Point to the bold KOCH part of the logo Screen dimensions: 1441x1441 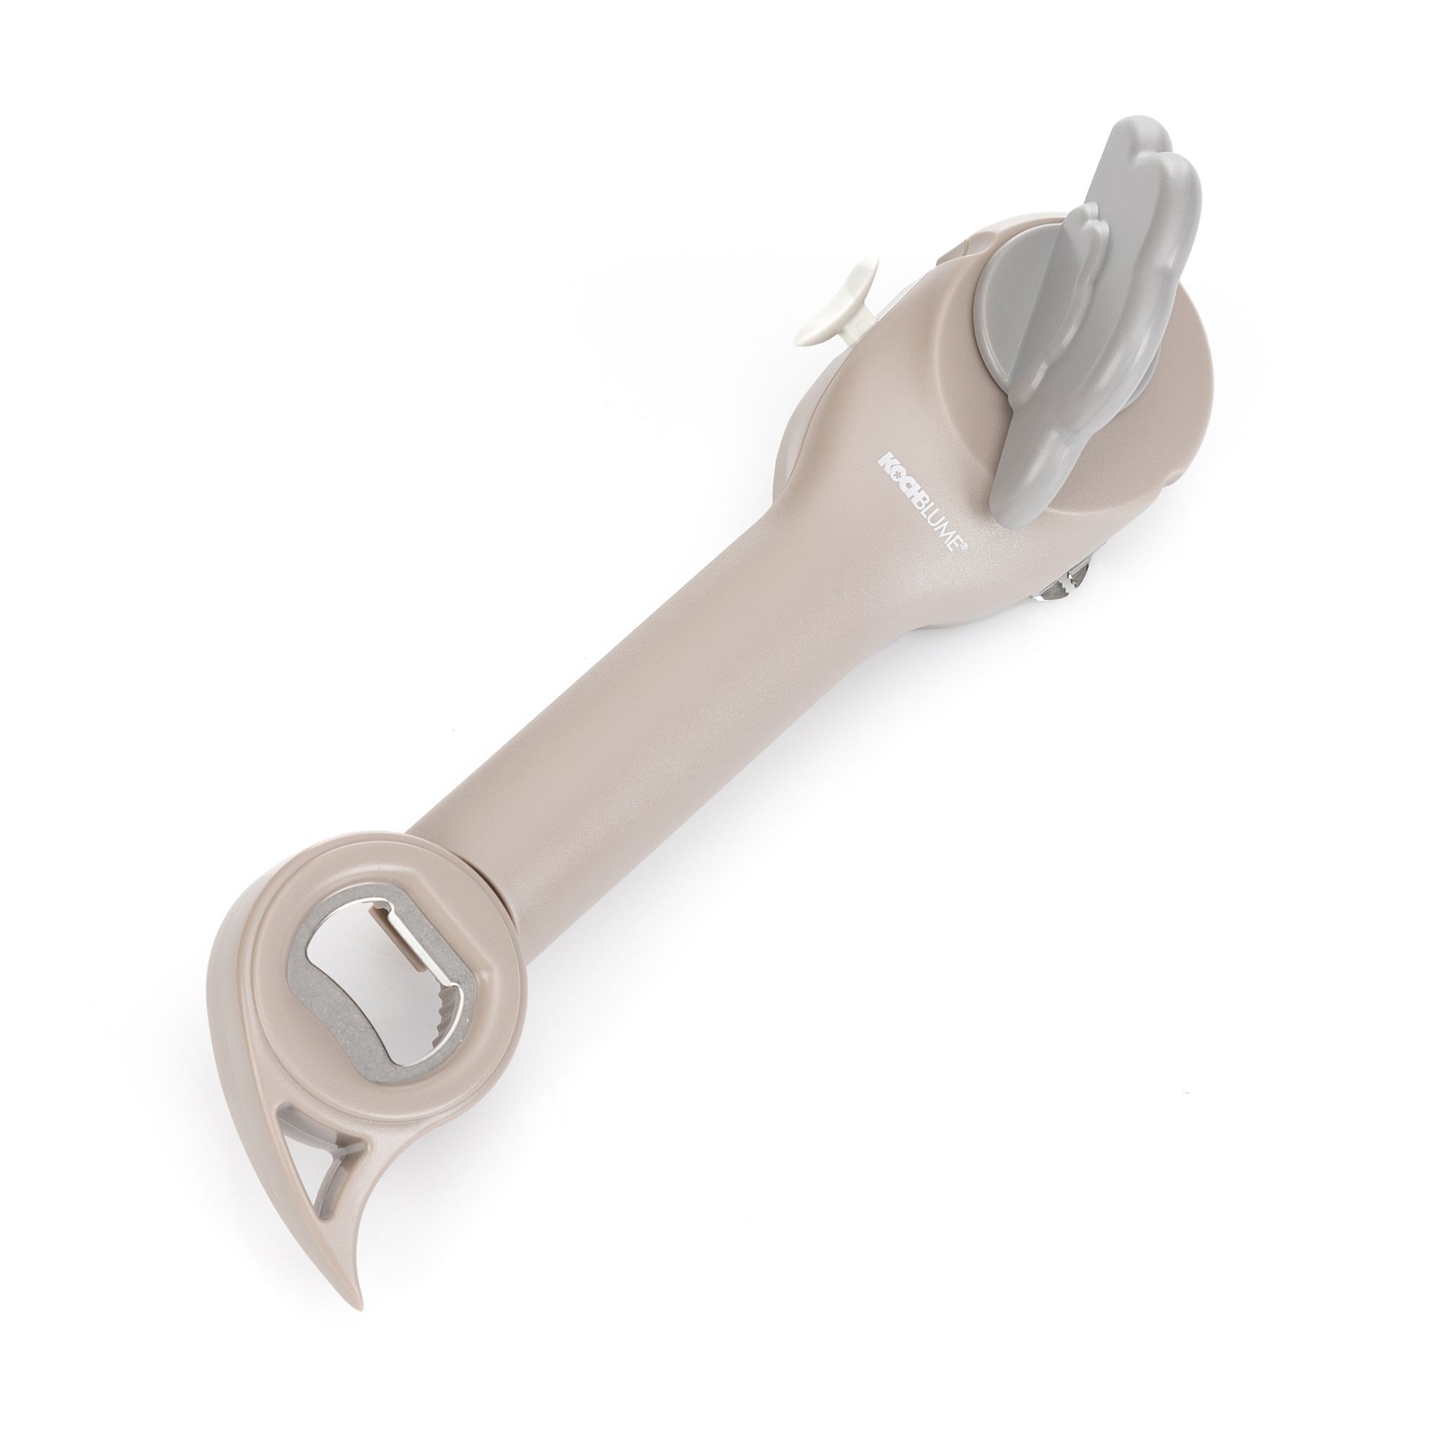coord(893,488)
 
